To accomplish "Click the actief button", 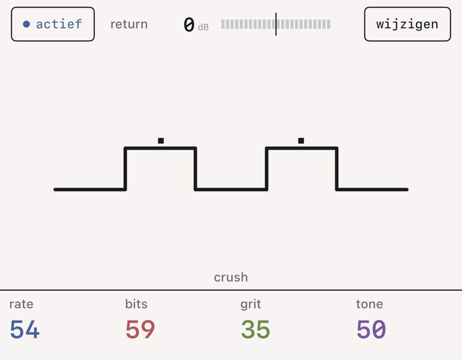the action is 53,24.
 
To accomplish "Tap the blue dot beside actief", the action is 26,24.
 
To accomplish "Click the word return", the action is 129,24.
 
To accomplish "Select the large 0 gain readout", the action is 189,25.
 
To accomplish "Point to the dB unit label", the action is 203,27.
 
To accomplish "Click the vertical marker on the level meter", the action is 276,24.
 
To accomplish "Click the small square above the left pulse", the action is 161,141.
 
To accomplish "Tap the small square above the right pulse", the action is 301,141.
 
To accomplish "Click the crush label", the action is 231,277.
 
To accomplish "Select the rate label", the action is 21,304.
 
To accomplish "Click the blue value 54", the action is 25,329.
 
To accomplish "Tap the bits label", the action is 136,304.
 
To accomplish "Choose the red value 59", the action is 140,329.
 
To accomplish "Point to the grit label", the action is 251,304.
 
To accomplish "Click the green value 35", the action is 256,329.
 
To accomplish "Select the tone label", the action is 370,304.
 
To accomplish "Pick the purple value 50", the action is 371,329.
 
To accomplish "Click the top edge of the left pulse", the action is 160,148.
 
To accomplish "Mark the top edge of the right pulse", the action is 301,148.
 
